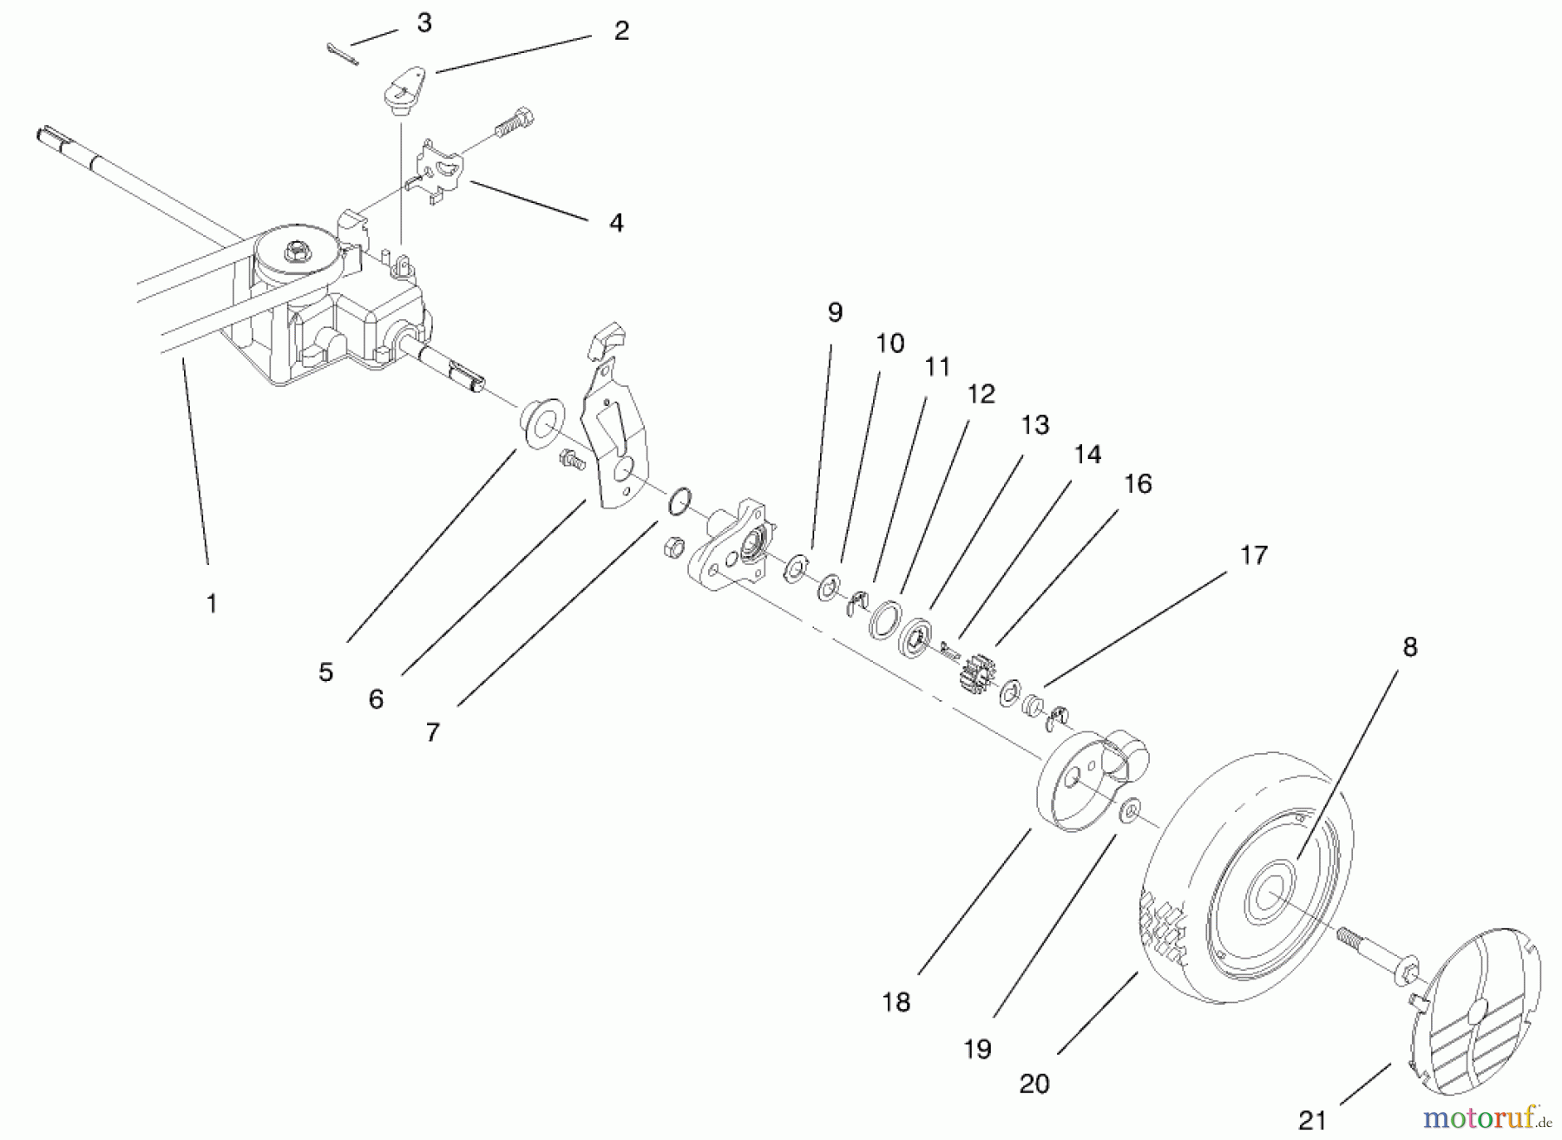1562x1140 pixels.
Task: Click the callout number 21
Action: (1312, 1120)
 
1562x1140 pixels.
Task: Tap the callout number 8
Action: (1409, 646)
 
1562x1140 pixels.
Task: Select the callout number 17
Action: (1253, 554)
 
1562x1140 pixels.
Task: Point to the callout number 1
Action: (212, 603)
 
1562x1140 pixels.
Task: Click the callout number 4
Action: (616, 223)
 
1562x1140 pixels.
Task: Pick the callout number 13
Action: (1035, 424)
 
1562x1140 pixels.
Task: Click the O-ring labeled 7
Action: (679, 501)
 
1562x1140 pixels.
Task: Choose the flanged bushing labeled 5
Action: (538, 423)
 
